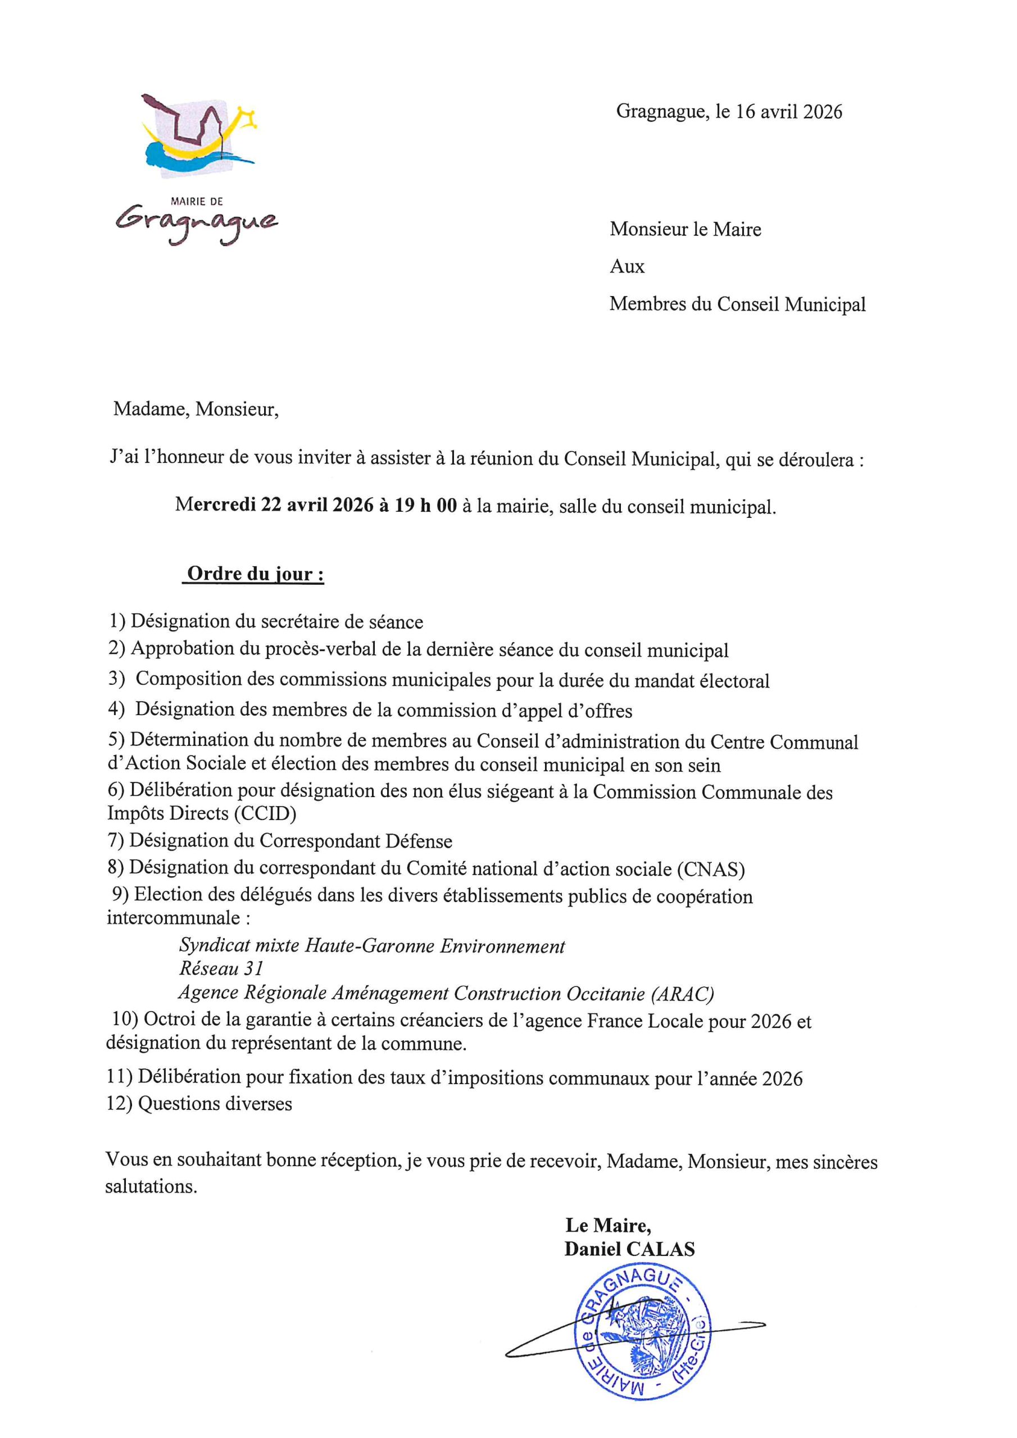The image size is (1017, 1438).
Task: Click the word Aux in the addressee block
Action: pos(626,267)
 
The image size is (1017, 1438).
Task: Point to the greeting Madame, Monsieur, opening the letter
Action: pos(196,409)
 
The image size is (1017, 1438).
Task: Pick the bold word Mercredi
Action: pos(215,506)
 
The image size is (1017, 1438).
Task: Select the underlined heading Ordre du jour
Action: pos(255,574)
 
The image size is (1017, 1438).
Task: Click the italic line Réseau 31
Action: pos(221,968)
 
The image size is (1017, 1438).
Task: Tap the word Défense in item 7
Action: pos(419,841)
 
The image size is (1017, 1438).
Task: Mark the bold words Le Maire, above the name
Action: pos(608,1225)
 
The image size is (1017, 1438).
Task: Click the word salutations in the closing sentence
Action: pos(151,1186)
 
